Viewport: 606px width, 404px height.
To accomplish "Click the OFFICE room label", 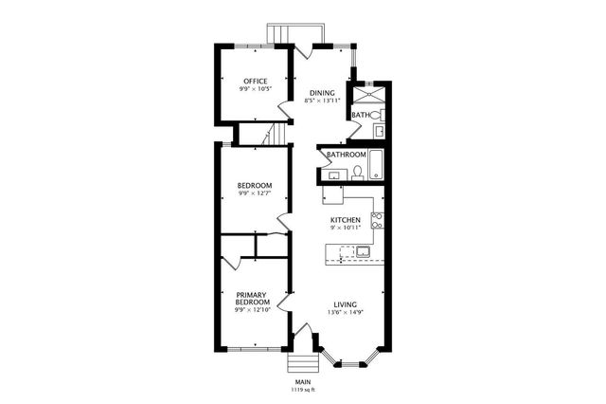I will pos(255,81).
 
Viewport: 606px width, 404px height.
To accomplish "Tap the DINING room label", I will pos(322,92).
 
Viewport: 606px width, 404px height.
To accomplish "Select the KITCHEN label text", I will pos(345,219).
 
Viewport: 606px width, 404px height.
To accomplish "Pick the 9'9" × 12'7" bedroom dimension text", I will pos(255,193).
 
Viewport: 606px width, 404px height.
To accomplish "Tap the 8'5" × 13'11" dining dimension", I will pos(322,101).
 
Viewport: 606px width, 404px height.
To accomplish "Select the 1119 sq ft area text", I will pos(303,389).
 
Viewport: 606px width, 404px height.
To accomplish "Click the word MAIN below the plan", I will pos(303,381).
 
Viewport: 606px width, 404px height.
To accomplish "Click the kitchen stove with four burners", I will pos(376,221).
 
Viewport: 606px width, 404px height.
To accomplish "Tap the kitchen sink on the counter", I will pos(362,251).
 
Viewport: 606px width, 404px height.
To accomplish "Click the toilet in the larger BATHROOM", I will pos(357,173).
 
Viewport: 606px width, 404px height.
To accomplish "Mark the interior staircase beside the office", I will pos(272,134).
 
